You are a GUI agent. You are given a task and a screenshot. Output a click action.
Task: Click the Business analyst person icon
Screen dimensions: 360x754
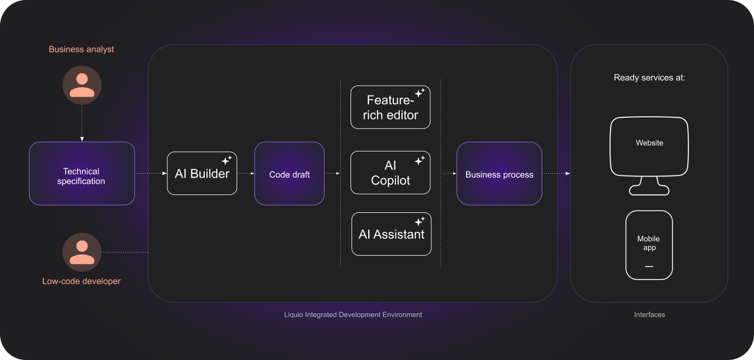tap(82, 85)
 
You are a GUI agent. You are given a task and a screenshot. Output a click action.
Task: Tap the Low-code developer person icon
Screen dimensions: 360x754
tap(82, 252)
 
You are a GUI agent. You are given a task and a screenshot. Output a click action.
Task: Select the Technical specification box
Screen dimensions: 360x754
tap(81, 174)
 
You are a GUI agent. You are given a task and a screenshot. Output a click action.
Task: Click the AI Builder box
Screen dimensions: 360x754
tap(202, 173)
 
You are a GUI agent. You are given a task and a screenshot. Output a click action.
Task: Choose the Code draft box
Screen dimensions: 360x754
tap(290, 174)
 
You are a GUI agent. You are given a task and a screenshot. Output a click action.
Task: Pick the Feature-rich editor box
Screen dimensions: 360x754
tap(390, 107)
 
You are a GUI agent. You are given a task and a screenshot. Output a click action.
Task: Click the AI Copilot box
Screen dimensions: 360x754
tap(390, 173)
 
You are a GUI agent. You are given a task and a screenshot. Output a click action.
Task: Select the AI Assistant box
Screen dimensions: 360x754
tap(391, 234)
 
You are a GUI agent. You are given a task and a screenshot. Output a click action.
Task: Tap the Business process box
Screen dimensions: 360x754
tap(499, 174)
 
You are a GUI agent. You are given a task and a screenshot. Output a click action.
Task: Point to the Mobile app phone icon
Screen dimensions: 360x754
tap(649, 245)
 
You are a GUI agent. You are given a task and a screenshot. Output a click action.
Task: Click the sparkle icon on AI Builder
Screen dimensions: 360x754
tap(227, 160)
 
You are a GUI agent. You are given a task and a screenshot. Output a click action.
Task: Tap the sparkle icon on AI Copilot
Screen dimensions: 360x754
tap(420, 160)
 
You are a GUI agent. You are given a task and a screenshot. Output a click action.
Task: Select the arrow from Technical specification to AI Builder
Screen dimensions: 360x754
tap(151, 174)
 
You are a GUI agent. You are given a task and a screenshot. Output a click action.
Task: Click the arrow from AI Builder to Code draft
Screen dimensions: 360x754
tap(246, 174)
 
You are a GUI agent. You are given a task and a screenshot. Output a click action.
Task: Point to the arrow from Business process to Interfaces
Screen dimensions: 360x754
tap(556, 174)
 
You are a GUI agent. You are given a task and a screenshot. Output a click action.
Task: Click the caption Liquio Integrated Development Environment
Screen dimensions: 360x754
tap(353, 315)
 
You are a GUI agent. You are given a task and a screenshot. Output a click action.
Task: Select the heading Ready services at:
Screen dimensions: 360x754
tap(649, 78)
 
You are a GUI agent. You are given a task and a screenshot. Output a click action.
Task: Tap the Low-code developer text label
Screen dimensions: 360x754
tap(81, 281)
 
